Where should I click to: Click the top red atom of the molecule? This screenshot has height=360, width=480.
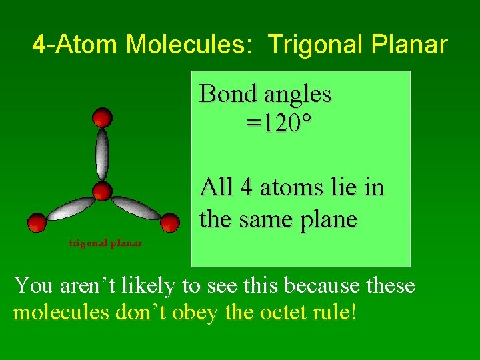coord(102,118)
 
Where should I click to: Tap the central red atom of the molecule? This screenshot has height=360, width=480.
coord(102,192)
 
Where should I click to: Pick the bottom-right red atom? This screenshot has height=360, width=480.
coord(169,221)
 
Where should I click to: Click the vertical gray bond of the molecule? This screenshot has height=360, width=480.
coord(102,154)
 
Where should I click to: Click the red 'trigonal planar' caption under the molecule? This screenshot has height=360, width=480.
coord(105,243)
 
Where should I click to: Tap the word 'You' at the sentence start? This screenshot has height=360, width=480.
coord(33,285)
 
